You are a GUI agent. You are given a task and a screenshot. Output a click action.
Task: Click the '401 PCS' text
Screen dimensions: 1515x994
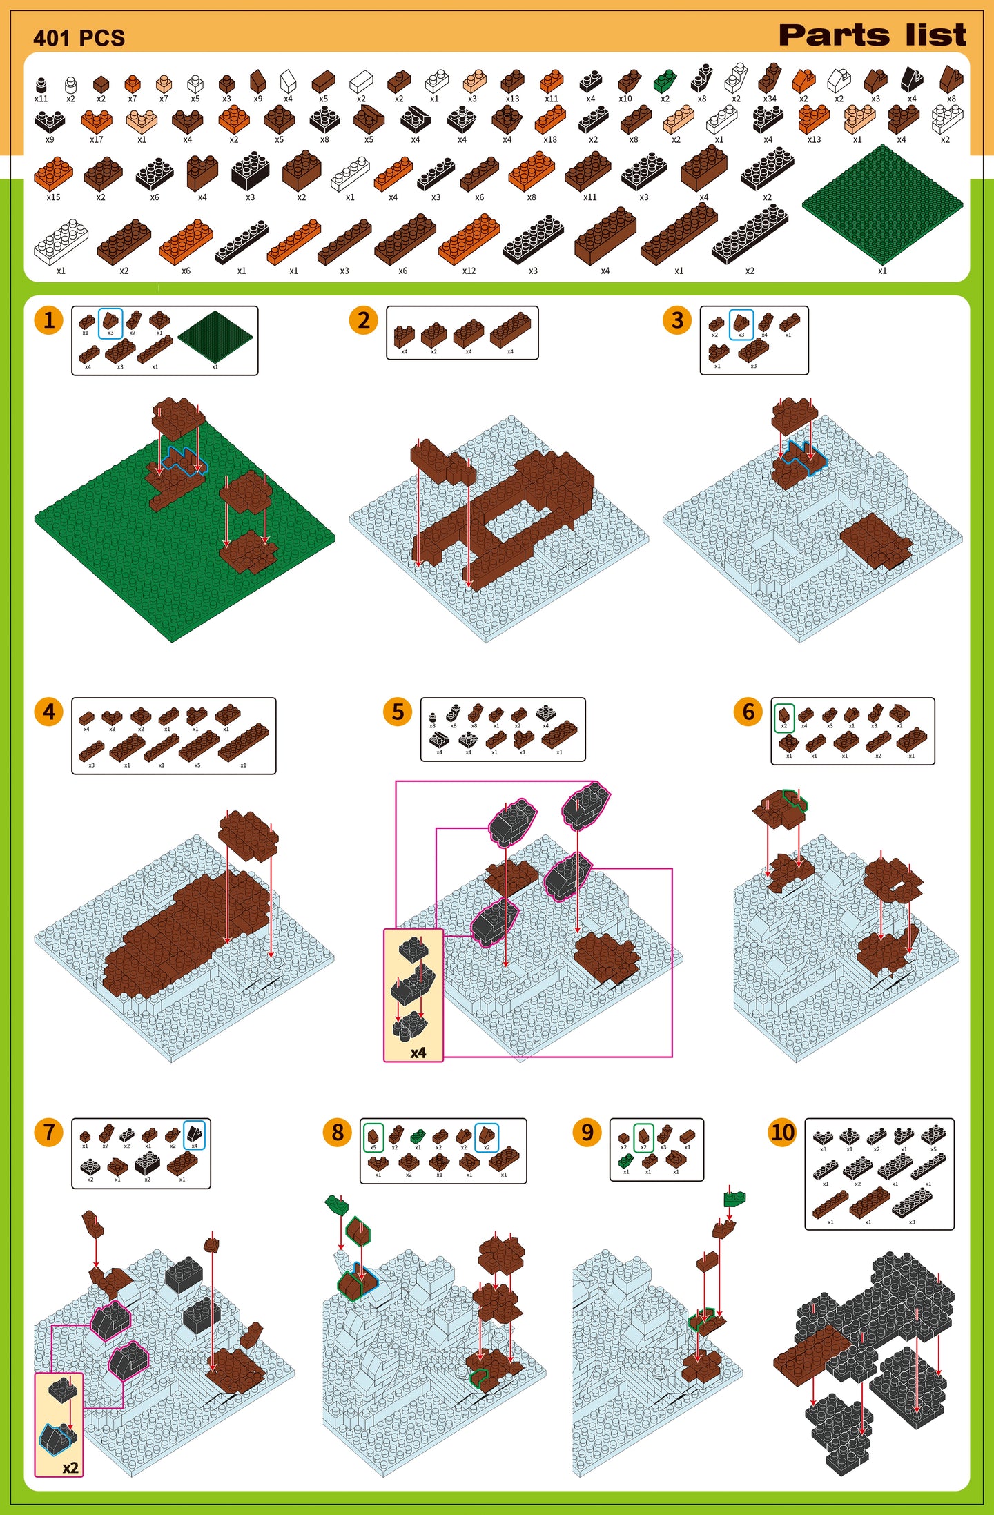[x=79, y=38]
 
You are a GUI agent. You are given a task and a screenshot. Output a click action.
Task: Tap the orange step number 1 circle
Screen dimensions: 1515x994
[x=49, y=320]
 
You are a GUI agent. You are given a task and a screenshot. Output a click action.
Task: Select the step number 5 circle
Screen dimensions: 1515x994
[x=398, y=712]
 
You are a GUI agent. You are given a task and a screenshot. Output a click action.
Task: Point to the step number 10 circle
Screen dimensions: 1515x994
[x=782, y=1132]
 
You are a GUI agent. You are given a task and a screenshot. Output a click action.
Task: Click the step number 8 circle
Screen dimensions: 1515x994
[x=338, y=1132]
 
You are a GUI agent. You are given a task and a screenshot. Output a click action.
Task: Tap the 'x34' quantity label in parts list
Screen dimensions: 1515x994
[x=769, y=99]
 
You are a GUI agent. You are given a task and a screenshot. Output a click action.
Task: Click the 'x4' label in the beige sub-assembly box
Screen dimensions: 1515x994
[x=418, y=1053]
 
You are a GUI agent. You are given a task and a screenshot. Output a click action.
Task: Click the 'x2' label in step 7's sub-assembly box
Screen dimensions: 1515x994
[x=70, y=1467]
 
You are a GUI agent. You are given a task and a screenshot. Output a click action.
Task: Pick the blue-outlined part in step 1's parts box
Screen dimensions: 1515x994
[x=110, y=322]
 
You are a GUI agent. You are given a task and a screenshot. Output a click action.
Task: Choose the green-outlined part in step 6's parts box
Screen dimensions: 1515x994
[x=783, y=716]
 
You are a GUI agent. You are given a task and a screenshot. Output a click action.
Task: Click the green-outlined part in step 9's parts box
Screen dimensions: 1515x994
[x=643, y=1137]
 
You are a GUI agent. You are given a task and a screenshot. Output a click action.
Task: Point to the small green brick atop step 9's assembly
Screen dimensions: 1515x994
[x=734, y=1198]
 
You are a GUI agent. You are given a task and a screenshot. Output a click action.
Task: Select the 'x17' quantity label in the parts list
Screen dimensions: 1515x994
[x=96, y=139]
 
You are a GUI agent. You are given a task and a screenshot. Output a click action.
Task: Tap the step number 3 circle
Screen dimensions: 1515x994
[x=677, y=320]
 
